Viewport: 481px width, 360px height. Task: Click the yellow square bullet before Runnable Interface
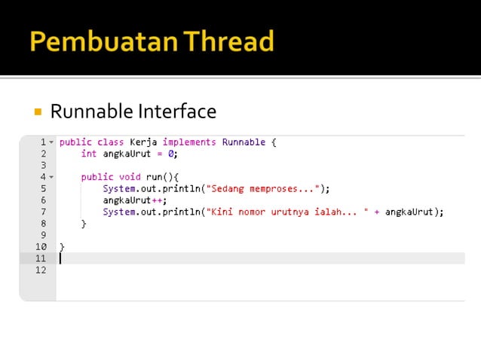(37, 112)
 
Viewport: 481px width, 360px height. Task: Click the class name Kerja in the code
(144, 142)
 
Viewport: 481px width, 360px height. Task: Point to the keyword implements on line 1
(189, 142)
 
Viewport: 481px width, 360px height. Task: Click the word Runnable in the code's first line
(244, 142)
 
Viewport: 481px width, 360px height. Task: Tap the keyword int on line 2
(89, 153)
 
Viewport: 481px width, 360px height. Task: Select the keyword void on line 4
(130, 177)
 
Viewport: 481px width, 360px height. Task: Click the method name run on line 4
(155, 177)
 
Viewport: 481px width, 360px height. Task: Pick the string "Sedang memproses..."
(263, 188)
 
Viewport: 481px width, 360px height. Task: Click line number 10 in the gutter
(41, 246)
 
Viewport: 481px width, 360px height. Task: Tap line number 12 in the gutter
(41, 270)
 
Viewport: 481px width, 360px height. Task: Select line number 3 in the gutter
(43, 165)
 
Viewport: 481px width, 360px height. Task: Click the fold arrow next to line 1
(51, 142)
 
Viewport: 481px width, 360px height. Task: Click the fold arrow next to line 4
(51, 177)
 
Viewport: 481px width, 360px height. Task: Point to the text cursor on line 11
(60, 258)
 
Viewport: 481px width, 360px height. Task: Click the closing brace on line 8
(84, 224)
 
